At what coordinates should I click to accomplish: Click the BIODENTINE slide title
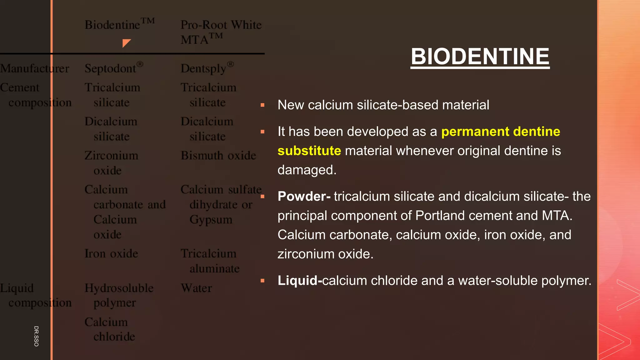(x=480, y=57)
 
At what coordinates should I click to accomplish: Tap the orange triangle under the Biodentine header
(x=126, y=43)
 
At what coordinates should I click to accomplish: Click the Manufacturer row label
(x=34, y=68)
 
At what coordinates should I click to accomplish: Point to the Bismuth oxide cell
(x=218, y=155)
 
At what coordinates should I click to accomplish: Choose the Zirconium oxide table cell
(x=111, y=163)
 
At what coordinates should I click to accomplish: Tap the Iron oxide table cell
(x=111, y=253)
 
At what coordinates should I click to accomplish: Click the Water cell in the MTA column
(x=196, y=288)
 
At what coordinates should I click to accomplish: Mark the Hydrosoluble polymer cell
(x=119, y=295)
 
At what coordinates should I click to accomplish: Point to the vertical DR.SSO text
(x=36, y=336)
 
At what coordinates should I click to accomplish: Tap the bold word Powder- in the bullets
(x=304, y=197)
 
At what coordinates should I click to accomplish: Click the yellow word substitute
(x=309, y=151)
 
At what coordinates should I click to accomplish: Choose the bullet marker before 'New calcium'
(x=262, y=105)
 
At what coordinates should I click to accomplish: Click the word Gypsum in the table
(x=211, y=220)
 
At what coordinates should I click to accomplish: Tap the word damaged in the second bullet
(x=307, y=170)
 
